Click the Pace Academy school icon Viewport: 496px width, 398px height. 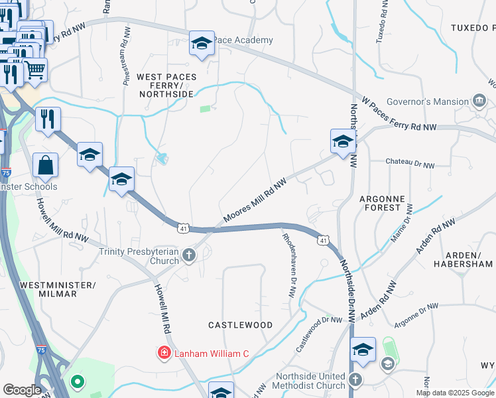click(x=202, y=44)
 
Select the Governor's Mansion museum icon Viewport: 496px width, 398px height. click(x=480, y=101)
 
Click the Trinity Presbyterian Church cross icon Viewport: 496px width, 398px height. click(x=189, y=255)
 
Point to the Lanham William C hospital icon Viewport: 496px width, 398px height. click(x=163, y=354)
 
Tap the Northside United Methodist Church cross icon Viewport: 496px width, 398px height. click(x=355, y=380)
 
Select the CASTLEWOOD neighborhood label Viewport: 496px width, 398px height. click(x=240, y=325)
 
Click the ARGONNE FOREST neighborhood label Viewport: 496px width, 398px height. click(x=390, y=203)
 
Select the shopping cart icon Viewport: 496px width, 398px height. click(x=35, y=69)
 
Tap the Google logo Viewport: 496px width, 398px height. click(x=22, y=390)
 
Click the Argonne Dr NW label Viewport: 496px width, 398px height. click(x=416, y=314)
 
